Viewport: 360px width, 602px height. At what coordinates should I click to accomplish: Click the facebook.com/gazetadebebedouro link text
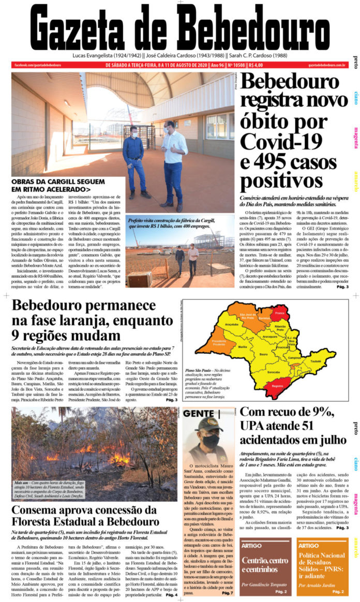(x=35, y=65)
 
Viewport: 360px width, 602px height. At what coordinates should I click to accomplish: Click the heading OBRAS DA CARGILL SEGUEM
(x=58, y=182)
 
